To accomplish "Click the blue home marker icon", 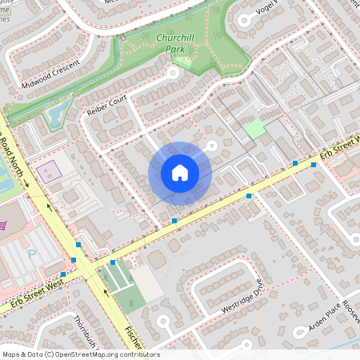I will tap(180, 173).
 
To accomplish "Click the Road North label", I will tap(14, 156).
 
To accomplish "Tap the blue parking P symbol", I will tap(32, 254).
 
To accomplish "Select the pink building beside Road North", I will tap(49, 170).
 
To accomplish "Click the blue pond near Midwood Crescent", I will tap(55, 118).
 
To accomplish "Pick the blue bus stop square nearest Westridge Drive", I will tap(249, 196).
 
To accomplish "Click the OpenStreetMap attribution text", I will tap(80, 354).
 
